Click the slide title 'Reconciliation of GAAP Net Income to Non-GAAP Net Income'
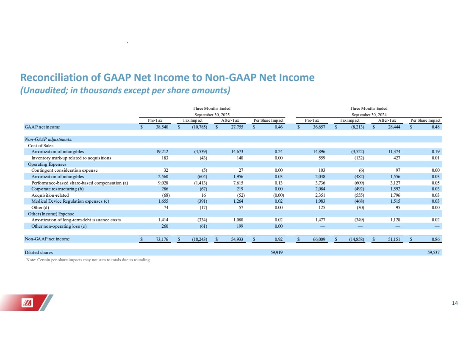[167, 78]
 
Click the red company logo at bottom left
[27, 302]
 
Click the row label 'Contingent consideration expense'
[64, 170]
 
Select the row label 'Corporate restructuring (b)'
[58, 189]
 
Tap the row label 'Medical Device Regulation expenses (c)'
[70, 201]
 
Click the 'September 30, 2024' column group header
[368, 114]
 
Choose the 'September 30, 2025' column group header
[212, 114]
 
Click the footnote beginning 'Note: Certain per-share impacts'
[88, 260]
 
